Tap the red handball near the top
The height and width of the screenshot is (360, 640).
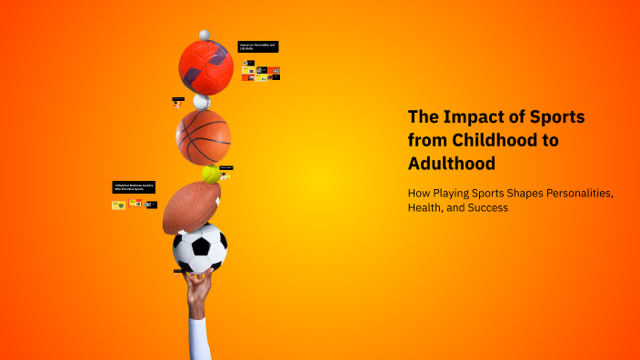pyautogui.click(x=206, y=66)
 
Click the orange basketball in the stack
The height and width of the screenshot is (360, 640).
pyautogui.click(x=203, y=137)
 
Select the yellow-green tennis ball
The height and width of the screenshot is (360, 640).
pyautogui.click(x=211, y=173)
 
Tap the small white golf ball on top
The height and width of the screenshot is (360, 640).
pyautogui.click(x=205, y=35)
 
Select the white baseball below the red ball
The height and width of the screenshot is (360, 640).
pyautogui.click(x=201, y=102)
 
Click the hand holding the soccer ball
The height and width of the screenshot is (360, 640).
pyautogui.click(x=197, y=288)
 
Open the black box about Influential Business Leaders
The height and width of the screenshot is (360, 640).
pyautogui.click(x=135, y=186)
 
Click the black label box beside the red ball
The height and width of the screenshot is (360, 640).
pyautogui.click(x=257, y=45)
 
